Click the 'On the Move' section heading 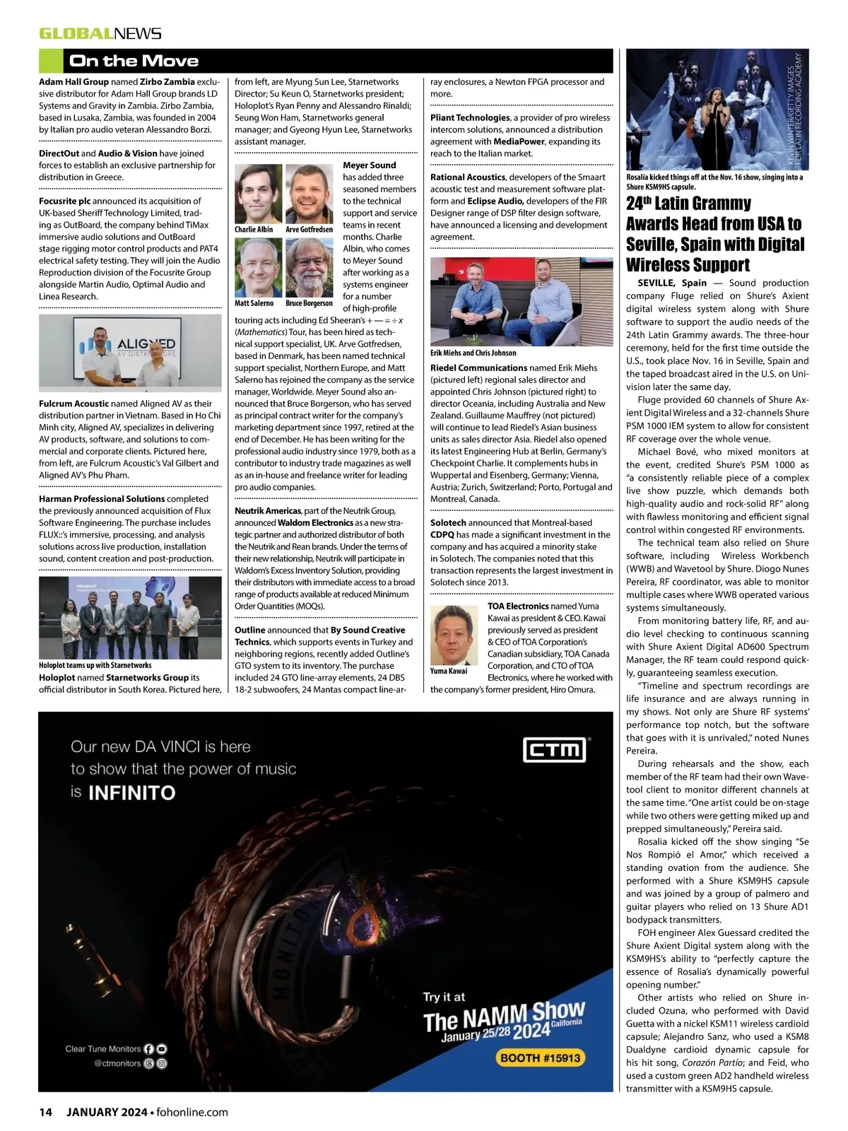[x=134, y=61]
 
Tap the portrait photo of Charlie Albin [x=258, y=194]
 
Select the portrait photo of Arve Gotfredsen [x=310, y=194]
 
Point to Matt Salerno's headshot [x=258, y=267]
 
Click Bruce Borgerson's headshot [x=310, y=267]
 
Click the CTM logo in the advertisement [x=554, y=749]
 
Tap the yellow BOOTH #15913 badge [x=540, y=1057]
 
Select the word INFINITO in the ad [x=131, y=793]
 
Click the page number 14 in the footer [x=45, y=1112]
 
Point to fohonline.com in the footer [x=192, y=1112]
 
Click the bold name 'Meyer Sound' [x=370, y=165]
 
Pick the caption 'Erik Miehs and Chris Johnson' [x=473, y=353]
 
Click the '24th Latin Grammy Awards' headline [x=714, y=234]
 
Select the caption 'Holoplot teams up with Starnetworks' [x=95, y=665]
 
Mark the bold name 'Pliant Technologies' [x=470, y=117]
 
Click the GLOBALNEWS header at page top [x=100, y=33]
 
